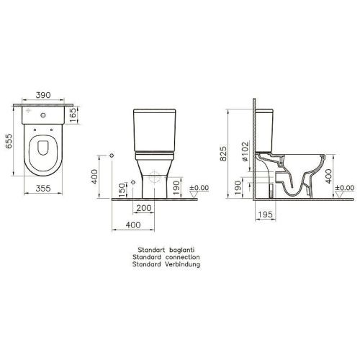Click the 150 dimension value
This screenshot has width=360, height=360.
[122, 189]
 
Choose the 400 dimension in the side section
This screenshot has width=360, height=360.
[330, 174]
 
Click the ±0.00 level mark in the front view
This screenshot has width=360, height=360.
[199, 188]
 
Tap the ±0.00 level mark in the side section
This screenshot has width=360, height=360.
[346, 188]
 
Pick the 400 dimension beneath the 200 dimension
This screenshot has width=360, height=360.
[132, 225]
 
